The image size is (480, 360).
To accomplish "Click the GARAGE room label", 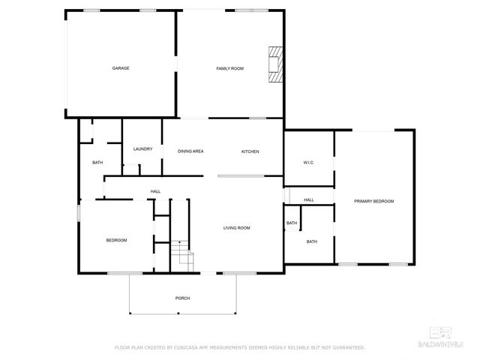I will point(121,68).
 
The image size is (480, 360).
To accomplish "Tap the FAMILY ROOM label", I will point(230,68).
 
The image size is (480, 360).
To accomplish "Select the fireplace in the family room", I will point(276,64).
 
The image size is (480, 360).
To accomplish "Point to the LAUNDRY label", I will point(142,148).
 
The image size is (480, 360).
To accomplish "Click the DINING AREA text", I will point(190,151).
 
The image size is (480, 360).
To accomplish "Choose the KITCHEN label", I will point(250,151).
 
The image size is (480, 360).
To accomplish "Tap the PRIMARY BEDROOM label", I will point(374,201).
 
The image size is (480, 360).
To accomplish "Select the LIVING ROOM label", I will point(236,228).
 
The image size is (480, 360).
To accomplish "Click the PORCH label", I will point(182,298).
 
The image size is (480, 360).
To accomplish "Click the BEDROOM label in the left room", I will point(116,240).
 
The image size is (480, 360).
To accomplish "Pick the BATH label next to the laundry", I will point(97,163).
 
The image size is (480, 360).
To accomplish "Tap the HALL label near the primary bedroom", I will point(308,199).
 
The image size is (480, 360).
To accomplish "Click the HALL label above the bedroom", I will point(155,191).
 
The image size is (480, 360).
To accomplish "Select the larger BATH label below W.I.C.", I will point(311,241).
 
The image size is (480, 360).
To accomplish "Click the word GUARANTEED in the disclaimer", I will point(347,347).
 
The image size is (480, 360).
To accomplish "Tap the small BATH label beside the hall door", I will point(291,223).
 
